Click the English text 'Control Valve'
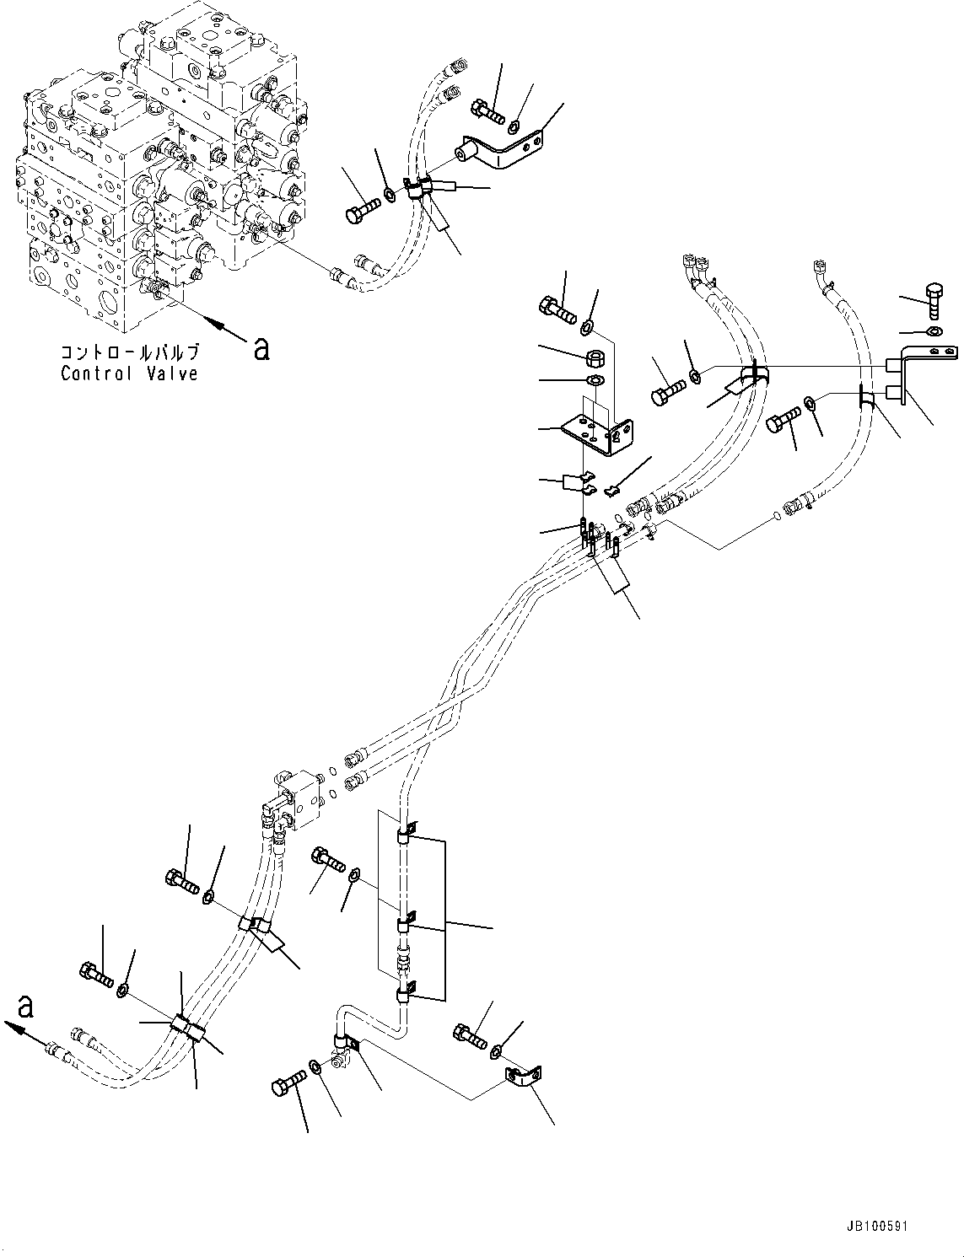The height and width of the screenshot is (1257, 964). click(x=129, y=373)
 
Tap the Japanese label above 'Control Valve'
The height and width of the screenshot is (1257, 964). click(x=129, y=352)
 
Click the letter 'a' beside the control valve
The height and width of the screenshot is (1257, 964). click(x=261, y=348)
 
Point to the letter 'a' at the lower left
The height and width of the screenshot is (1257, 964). click(x=27, y=1006)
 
